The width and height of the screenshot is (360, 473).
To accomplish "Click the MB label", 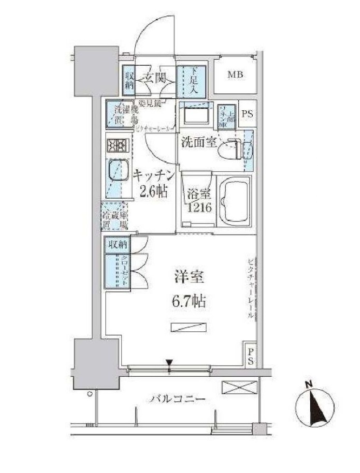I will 235,75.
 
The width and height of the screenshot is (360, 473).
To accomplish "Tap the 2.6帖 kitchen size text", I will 154,192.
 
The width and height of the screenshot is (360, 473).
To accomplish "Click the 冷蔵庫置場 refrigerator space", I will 115,216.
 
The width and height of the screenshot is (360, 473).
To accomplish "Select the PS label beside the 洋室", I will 251,356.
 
